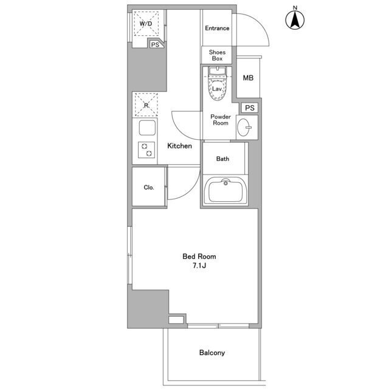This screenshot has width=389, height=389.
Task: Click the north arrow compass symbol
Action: [x=295, y=20]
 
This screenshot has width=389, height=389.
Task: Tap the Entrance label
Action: [x=217, y=29]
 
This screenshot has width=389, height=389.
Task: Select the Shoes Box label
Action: [x=217, y=55]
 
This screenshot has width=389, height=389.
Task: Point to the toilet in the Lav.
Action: [x=218, y=84]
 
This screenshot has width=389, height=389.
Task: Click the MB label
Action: [x=248, y=78]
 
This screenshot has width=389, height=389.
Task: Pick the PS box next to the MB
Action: [x=250, y=108]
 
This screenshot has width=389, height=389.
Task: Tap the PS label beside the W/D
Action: [x=155, y=44]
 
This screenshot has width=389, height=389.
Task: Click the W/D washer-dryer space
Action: [x=146, y=24]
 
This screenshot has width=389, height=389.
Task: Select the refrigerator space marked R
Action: [x=146, y=105]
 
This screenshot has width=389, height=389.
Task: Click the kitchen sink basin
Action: [x=147, y=128]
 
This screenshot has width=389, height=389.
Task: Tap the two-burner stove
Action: [x=146, y=150]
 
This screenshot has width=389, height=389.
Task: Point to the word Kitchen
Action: [x=179, y=146]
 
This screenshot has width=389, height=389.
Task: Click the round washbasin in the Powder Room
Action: [x=243, y=127]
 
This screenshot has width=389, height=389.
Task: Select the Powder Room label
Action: [x=221, y=120]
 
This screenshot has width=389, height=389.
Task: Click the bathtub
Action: [x=225, y=190]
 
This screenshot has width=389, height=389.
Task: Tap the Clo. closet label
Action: [x=149, y=187]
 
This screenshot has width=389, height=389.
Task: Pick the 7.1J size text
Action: [x=199, y=266]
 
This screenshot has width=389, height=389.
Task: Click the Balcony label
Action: [x=212, y=353]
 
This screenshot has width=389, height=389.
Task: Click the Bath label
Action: [x=222, y=159]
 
